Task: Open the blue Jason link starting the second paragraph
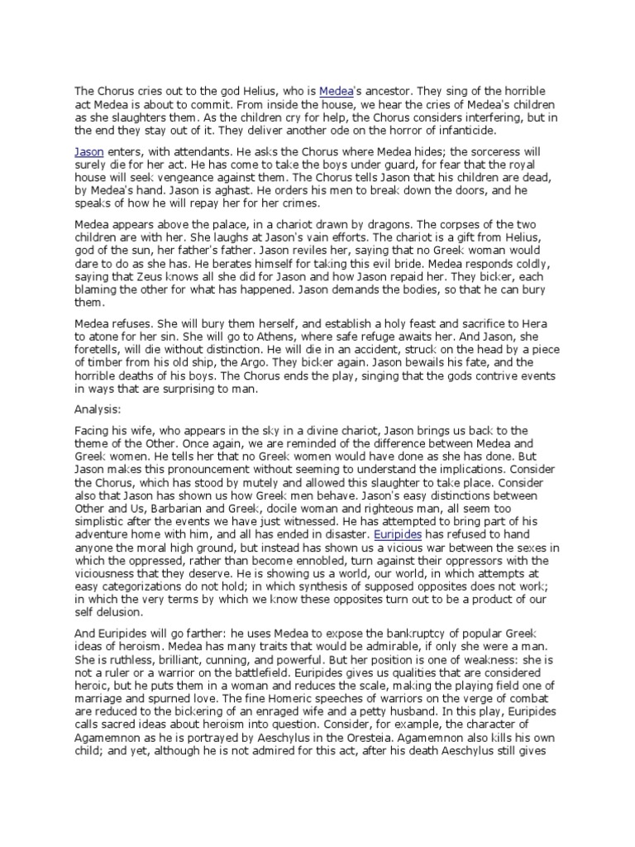pos(89,153)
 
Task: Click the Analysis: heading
pos(99,408)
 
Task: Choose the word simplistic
pos(102,545)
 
